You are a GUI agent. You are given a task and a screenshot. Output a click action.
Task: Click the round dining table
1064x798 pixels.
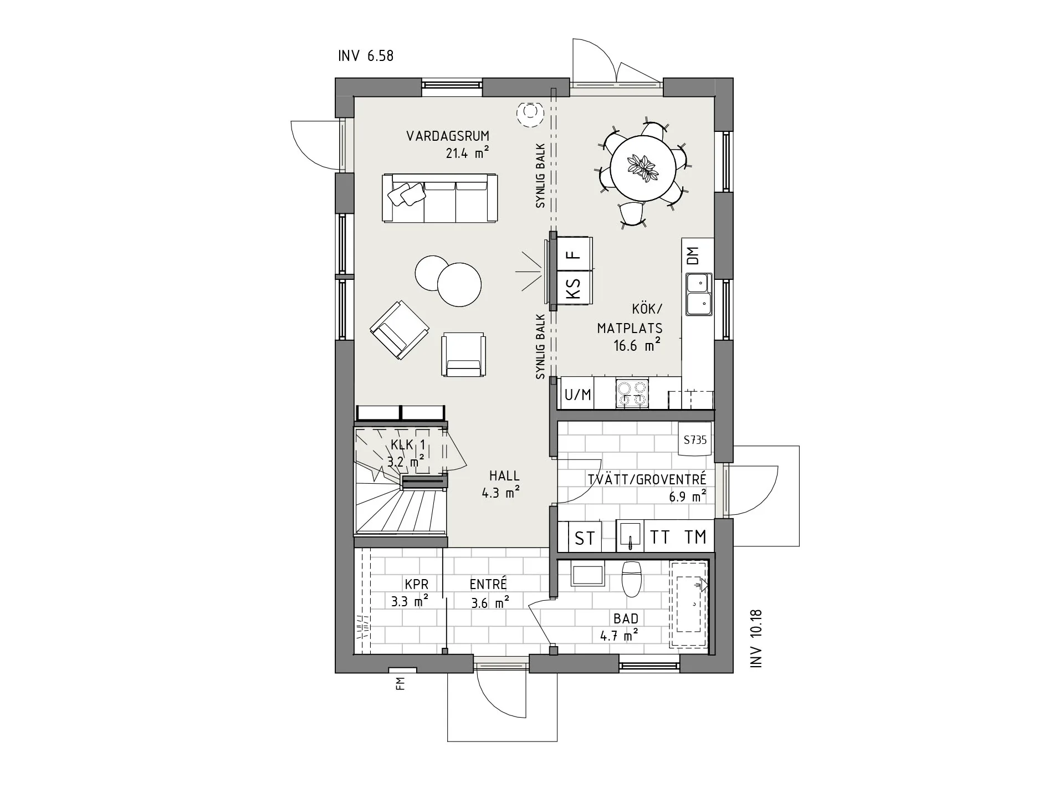coord(643,168)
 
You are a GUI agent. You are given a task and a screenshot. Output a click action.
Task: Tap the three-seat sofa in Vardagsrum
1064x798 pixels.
coord(439,198)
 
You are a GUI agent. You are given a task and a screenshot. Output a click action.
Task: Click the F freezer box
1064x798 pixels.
coord(574,254)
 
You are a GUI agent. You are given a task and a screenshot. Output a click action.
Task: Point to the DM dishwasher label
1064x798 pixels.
coord(693,255)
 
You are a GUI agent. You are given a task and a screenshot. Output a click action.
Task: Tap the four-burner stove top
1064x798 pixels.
coord(632,394)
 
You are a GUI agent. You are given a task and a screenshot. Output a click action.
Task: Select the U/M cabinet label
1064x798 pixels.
coord(577,395)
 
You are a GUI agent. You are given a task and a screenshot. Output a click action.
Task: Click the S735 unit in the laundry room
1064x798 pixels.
coord(695,440)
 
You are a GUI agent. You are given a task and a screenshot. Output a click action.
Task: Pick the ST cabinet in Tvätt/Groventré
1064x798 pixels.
coord(585,538)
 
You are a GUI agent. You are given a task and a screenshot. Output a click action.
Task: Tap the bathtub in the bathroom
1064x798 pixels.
coord(689,604)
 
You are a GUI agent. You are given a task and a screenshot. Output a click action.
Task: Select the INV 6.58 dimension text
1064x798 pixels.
coord(366,56)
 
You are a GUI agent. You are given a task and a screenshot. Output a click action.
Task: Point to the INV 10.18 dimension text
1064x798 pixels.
coord(757,637)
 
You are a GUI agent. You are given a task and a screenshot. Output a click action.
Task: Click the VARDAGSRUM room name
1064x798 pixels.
coord(448,136)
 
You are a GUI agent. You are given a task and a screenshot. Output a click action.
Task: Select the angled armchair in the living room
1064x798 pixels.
coord(399,331)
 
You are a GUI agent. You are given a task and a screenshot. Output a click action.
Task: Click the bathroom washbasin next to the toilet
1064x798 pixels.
coord(587,575)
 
